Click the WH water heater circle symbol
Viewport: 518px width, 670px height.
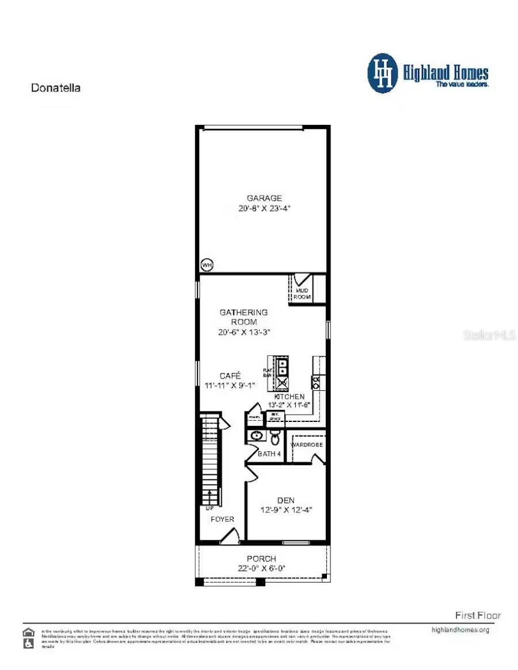tap(207, 265)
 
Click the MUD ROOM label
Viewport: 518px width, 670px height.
tap(303, 294)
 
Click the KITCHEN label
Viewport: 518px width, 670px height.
tap(289, 397)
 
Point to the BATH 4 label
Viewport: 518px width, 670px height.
tap(269, 454)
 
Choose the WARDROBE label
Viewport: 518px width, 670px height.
tap(306, 445)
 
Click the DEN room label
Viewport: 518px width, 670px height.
tap(285, 500)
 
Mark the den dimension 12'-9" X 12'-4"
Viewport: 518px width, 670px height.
tap(286, 510)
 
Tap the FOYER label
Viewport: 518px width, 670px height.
tap(222, 519)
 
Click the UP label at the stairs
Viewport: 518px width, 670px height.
tap(210, 509)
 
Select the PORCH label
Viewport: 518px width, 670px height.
tap(261, 558)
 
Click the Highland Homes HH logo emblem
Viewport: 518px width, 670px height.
tap(382, 73)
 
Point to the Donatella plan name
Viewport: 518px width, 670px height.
tap(55, 88)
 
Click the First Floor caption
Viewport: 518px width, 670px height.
tap(478, 615)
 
